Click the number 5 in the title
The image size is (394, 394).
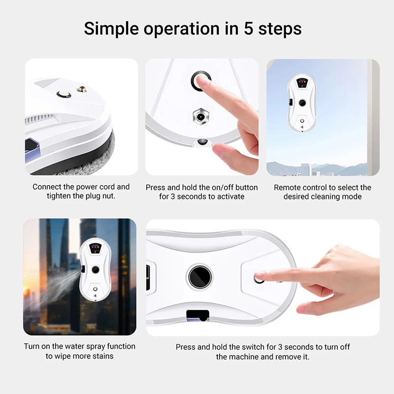pos(249,28)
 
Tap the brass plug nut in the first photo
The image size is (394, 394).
pos(82,89)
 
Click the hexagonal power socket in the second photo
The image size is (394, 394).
pos(201,117)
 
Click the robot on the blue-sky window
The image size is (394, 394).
pos(302,103)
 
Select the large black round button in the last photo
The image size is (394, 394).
pos(200,277)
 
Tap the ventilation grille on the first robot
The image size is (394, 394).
pos(40,118)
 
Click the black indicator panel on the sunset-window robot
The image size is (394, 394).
pos(95,248)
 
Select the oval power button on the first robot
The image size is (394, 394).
pos(64,94)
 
